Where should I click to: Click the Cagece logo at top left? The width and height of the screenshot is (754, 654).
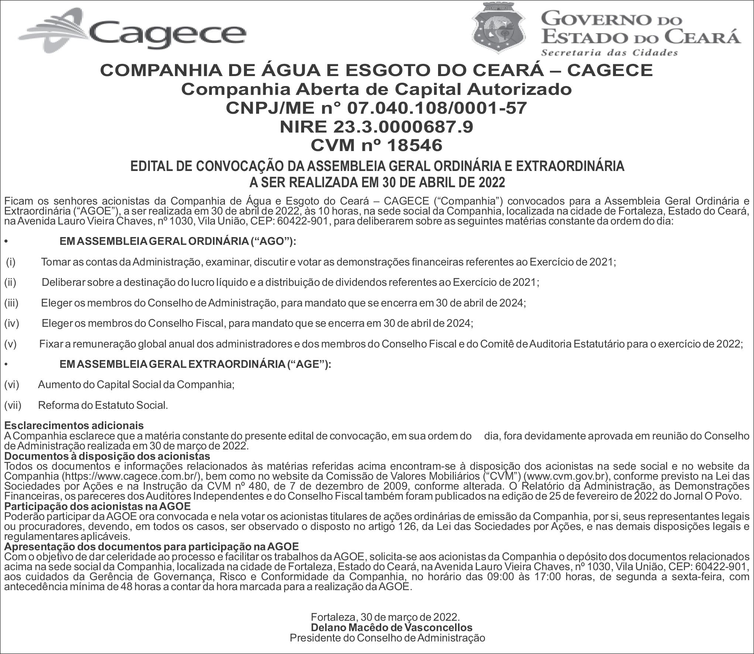[133, 31]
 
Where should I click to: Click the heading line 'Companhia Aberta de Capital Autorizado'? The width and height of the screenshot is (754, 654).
[376, 89]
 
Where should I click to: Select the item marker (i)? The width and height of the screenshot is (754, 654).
[11, 262]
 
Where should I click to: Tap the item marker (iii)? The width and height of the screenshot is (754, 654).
[11, 303]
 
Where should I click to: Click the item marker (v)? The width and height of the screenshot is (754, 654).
[11, 344]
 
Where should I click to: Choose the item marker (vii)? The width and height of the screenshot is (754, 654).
[13, 405]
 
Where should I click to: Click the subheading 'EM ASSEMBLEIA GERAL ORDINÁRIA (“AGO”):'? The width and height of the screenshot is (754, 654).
[178, 242]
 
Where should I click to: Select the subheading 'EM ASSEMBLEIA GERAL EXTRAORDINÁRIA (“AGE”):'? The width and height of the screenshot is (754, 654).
[195, 364]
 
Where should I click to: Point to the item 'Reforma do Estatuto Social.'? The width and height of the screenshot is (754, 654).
[103, 405]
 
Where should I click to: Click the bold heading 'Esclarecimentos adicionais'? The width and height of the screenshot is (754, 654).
[74, 426]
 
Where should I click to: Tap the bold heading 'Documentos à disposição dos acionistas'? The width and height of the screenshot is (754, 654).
[107, 456]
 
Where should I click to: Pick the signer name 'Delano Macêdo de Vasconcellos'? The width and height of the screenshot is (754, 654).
[392, 627]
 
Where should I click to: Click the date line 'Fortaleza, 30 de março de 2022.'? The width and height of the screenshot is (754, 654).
[385, 617]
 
